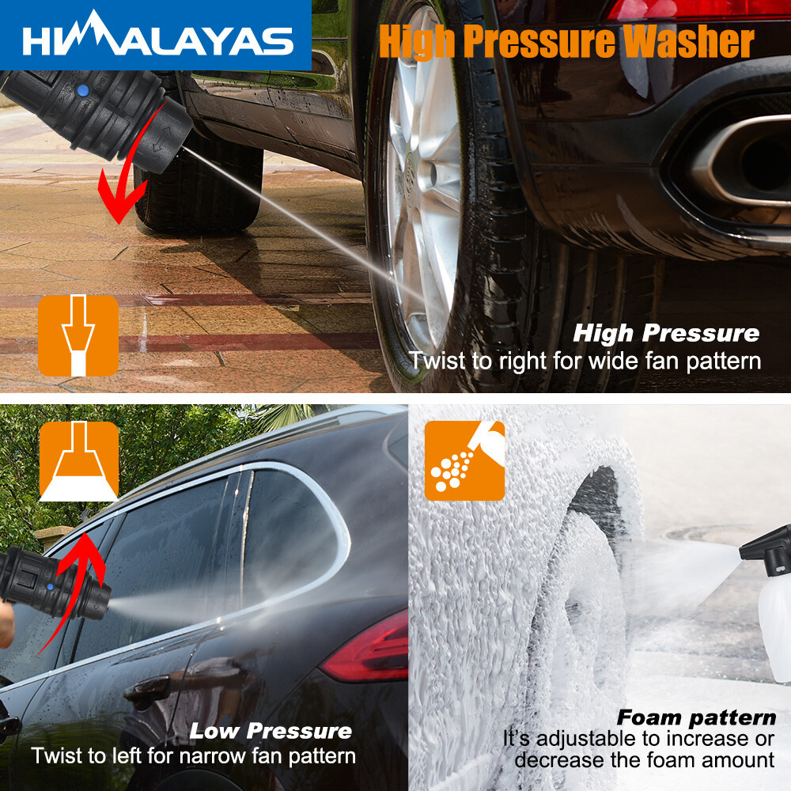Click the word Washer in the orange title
(x=688, y=42)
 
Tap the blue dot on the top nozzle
(x=83, y=91)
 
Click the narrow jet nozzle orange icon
(x=78, y=335)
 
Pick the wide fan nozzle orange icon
(x=78, y=461)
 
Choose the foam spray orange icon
(x=464, y=460)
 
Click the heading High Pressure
(x=666, y=333)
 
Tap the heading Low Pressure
(x=271, y=731)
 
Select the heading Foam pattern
(x=696, y=717)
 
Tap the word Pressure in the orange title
(x=539, y=42)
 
